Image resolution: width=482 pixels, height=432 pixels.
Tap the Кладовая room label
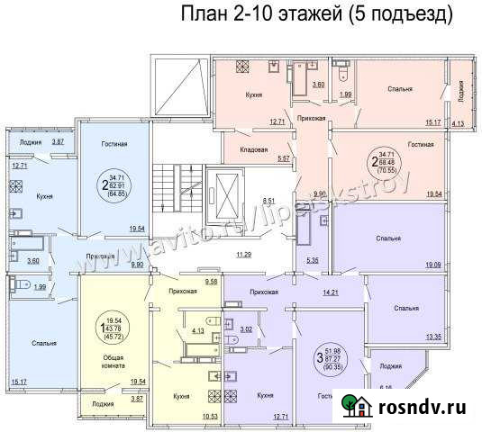click(257, 149)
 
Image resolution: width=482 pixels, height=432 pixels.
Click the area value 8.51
click(268, 201)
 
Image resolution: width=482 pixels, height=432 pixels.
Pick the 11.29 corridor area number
click(242, 255)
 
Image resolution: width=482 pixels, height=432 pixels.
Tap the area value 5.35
click(313, 261)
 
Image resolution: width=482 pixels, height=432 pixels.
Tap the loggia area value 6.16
click(387, 388)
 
